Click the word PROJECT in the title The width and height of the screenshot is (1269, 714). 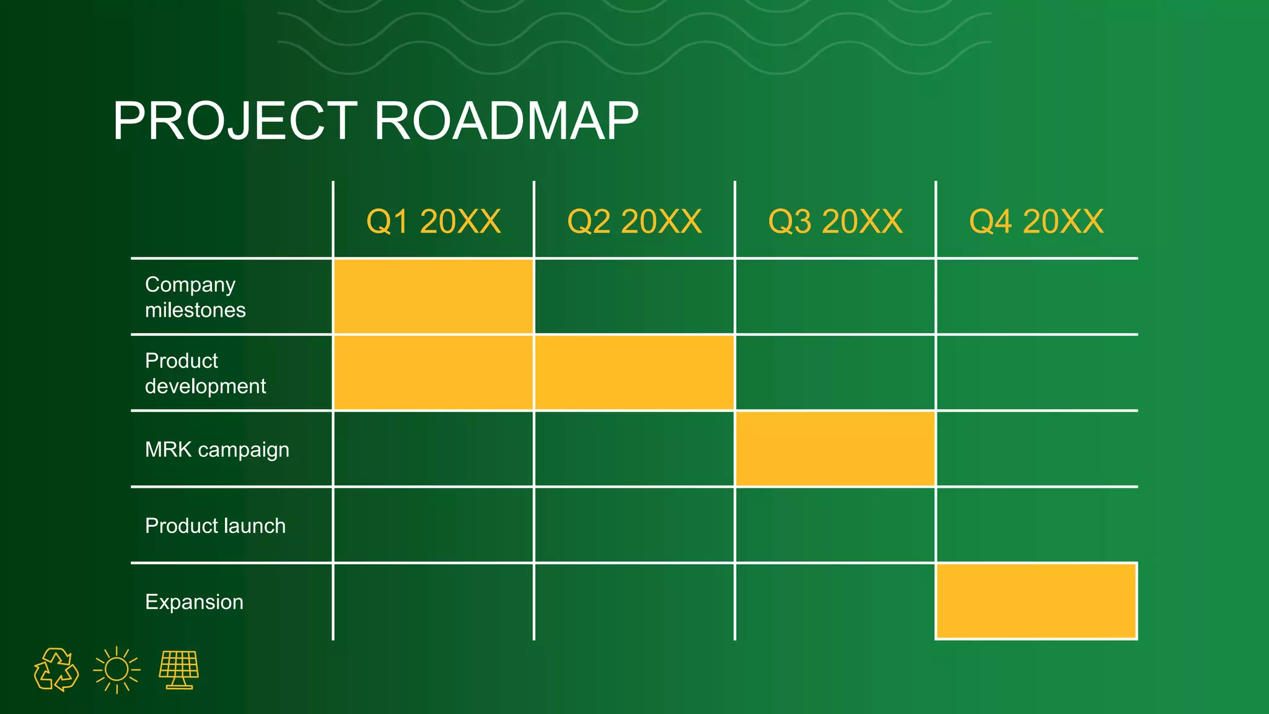point(235,121)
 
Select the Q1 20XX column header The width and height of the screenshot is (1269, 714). point(433,221)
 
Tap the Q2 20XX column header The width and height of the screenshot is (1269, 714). point(634,221)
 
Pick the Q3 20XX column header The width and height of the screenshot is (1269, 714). point(835,221)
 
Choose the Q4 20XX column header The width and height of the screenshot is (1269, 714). point(1036,221)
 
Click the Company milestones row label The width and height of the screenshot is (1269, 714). point(195,297)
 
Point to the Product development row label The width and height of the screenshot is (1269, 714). point(205,373)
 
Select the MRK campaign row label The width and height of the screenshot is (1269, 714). point(217,449)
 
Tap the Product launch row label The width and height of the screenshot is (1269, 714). point(215,526)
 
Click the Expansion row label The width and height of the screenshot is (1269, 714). point(194,602)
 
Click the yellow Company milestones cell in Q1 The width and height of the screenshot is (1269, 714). point(433,296)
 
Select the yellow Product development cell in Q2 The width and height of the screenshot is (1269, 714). point(634,372)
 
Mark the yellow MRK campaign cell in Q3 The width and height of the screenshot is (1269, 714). point(835,449)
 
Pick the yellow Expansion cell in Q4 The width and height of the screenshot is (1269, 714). point(1036,601)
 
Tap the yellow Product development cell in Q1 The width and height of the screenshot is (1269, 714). point(433,372)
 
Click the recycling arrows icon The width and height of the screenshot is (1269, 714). point(56,670)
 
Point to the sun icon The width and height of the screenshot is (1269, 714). point(116,670)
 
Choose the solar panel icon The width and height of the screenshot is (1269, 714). point(179,669)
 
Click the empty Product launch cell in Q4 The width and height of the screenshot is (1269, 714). point(1036,525)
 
